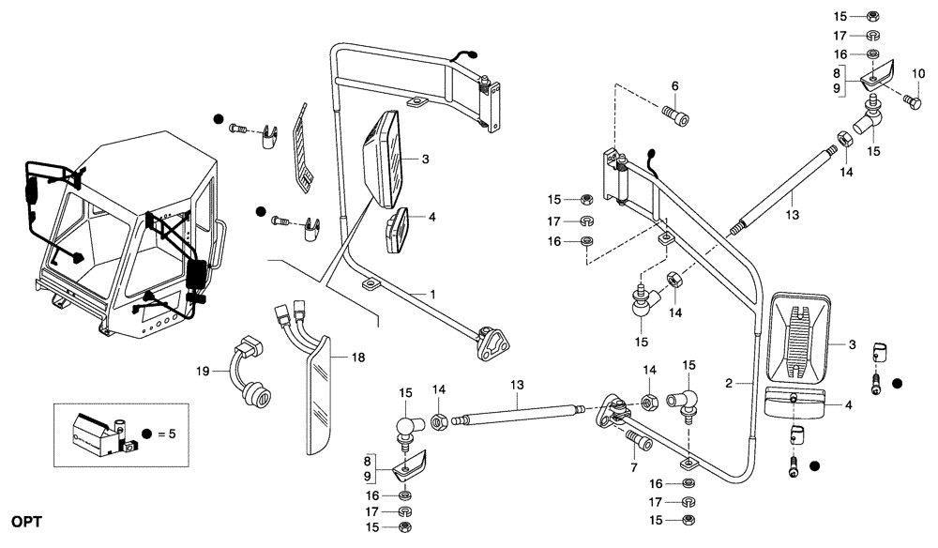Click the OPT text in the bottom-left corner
click(27, 520)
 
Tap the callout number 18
click(356, 358)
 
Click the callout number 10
click(918, 73)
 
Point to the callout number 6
click(673, 86)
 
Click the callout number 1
click(431, 295)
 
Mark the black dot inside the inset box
click(146, 434)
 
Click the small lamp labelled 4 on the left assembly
click(396, 230)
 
